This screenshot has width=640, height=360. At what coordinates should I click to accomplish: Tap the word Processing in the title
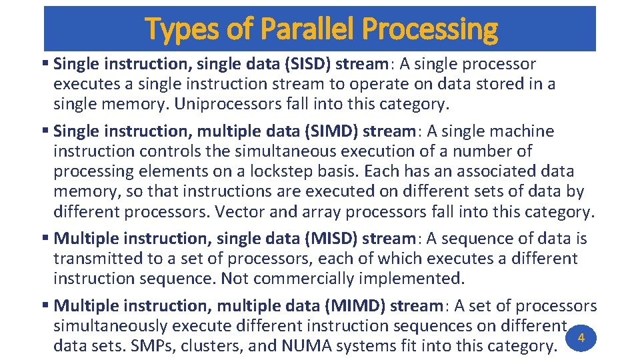(436, 29)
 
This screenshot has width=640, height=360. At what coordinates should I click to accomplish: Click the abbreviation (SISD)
(305, 65)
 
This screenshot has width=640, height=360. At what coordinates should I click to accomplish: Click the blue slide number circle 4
(581, 339)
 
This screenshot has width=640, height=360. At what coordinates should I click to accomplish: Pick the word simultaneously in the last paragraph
(111, 326)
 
